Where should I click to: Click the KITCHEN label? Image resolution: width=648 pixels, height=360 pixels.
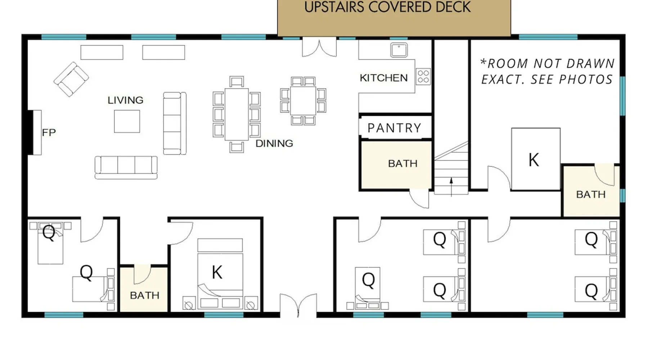tap(384, 78)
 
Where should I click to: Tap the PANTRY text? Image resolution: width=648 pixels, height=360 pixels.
tap(394, 128)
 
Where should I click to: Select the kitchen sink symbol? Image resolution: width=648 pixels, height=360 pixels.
tap(399, 50)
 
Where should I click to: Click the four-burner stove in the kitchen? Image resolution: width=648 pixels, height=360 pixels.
tap(423, 77)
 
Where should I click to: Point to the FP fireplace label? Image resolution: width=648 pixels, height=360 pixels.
tap(49, 132)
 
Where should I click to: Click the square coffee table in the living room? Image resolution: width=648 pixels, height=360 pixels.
tap(127, 121)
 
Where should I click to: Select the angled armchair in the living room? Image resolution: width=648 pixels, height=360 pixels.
tap(71, 79)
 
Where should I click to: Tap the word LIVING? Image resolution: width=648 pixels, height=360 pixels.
tap(125, 100)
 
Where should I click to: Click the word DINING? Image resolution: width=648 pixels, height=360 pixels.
tap(274, 143)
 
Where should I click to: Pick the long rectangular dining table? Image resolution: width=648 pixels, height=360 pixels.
tap(237, 114)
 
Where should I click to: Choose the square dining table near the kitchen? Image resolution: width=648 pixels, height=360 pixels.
tap(303, 101)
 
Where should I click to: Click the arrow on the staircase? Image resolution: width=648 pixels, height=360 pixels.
tap(451, 187)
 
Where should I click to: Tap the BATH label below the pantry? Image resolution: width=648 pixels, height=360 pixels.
tap(403, 163)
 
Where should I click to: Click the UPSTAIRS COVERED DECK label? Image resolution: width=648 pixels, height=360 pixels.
tap(387, 7)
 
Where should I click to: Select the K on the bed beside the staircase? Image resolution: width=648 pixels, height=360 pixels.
tap(534, 160)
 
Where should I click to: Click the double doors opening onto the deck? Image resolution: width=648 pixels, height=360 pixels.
tap(319, 48)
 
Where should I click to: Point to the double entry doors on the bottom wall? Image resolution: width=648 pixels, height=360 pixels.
tap(298, 305)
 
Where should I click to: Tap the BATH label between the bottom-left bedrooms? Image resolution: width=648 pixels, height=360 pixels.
tap(144, 296)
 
